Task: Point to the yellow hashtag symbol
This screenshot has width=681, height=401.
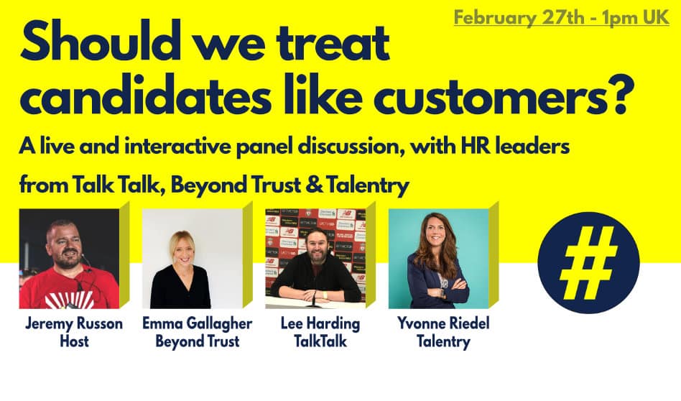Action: [588, 263]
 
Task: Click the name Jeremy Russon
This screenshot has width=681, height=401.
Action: [74, 323]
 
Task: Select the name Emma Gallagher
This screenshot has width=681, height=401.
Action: [197, 324]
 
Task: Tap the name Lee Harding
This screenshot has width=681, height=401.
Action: [320, 324]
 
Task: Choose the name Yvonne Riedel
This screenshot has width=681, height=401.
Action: [443, 323]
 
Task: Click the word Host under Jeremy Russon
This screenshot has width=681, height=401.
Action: [74, 341]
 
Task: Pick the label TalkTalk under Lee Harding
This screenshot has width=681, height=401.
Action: [320, 341]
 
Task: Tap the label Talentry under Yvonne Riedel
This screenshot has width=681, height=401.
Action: [443, 342]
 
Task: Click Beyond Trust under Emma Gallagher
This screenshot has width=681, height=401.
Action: [197, 342]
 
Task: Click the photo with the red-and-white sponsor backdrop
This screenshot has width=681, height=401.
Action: [316, 259]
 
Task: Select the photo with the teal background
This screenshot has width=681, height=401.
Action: [439, 259]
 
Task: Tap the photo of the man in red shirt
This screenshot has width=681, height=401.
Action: [69, 259]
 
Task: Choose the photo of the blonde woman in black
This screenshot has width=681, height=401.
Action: [193, 259]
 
